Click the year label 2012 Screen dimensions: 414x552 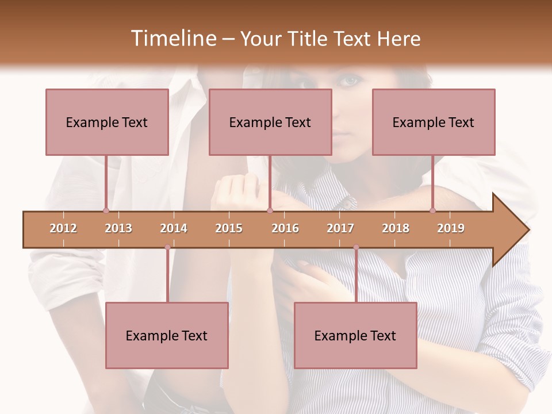coord(63,228)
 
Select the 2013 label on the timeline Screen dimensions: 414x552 coord(118,228)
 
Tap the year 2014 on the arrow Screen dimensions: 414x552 coord(174,228)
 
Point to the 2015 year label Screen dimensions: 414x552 coord(229,228)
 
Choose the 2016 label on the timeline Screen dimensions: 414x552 coord(285,228)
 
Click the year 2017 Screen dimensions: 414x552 coord(340,228)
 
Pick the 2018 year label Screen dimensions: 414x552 coord(396,228)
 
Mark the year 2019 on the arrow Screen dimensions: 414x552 coord(451,228)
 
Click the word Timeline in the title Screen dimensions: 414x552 coord(172,39)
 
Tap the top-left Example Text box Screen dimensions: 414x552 coord(107,122)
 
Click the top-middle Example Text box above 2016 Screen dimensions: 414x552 coord(270,122)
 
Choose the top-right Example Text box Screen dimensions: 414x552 coord(434,122)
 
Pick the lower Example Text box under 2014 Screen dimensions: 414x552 coord(167,335)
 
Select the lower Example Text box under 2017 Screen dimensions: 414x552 coord(355,335)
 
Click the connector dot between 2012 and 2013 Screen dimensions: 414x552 coord(106,210)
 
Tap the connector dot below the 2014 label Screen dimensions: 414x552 coord(167,247)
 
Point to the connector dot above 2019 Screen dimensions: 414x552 coord(432,210)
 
